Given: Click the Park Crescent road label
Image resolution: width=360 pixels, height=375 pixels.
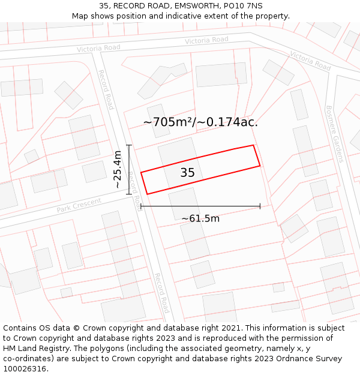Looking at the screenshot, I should coord(79,206).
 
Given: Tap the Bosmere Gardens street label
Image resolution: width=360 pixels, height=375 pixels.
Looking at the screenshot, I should coord(334,134).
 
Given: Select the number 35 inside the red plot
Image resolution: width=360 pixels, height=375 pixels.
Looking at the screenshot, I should coord(187,173).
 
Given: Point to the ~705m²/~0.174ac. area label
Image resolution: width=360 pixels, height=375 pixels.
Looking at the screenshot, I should coord(200,122).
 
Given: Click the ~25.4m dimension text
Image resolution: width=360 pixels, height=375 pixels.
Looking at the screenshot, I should coord(118,170).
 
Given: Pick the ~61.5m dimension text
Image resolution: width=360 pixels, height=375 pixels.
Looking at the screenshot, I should coord(200,218).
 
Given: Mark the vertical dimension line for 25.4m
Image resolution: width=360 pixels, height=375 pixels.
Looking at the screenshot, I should coord(128,170).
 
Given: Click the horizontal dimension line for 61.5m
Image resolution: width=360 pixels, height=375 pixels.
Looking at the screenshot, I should coord(200,206).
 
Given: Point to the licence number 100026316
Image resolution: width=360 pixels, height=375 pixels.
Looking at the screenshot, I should coord(25,368).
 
